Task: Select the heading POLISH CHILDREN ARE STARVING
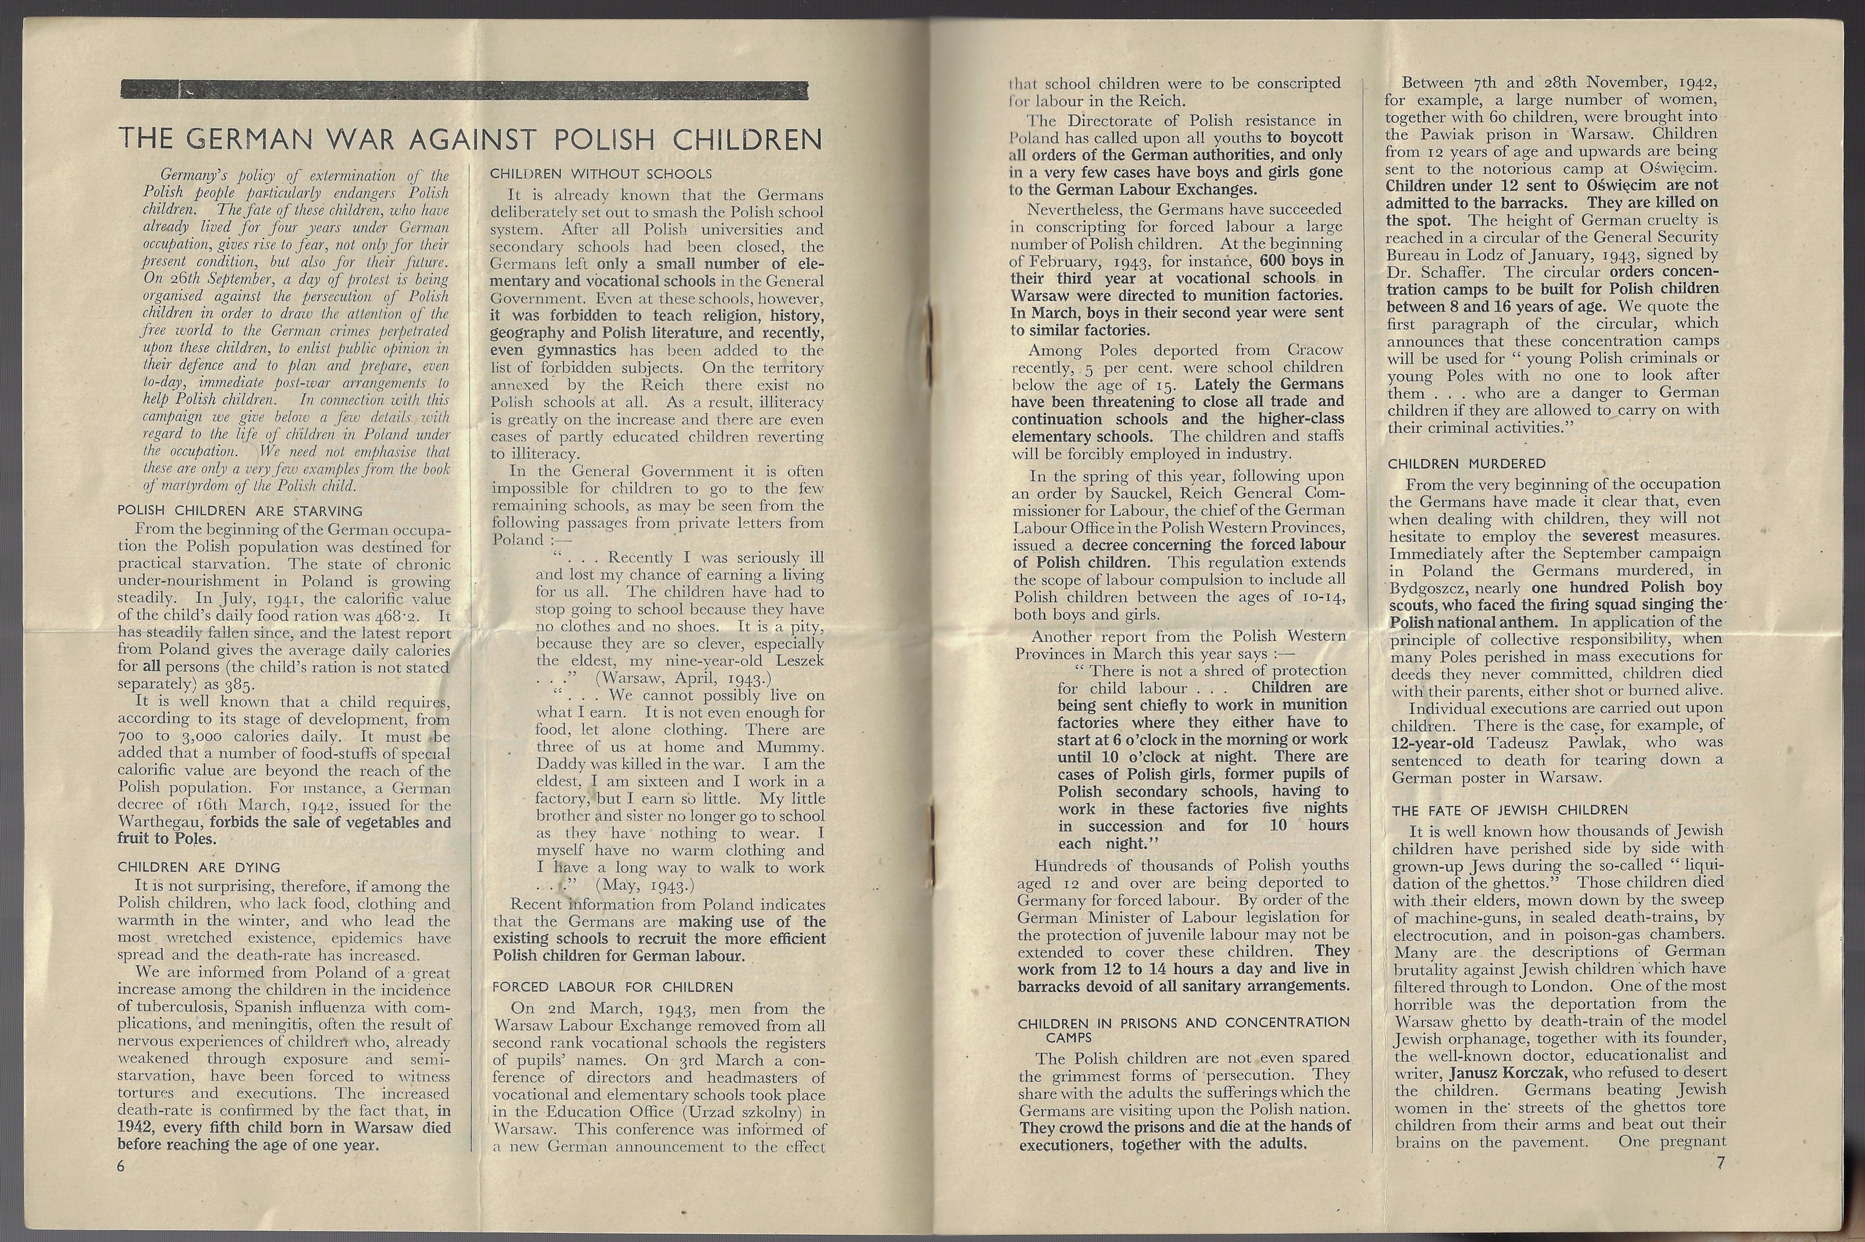(x=240, y=511)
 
